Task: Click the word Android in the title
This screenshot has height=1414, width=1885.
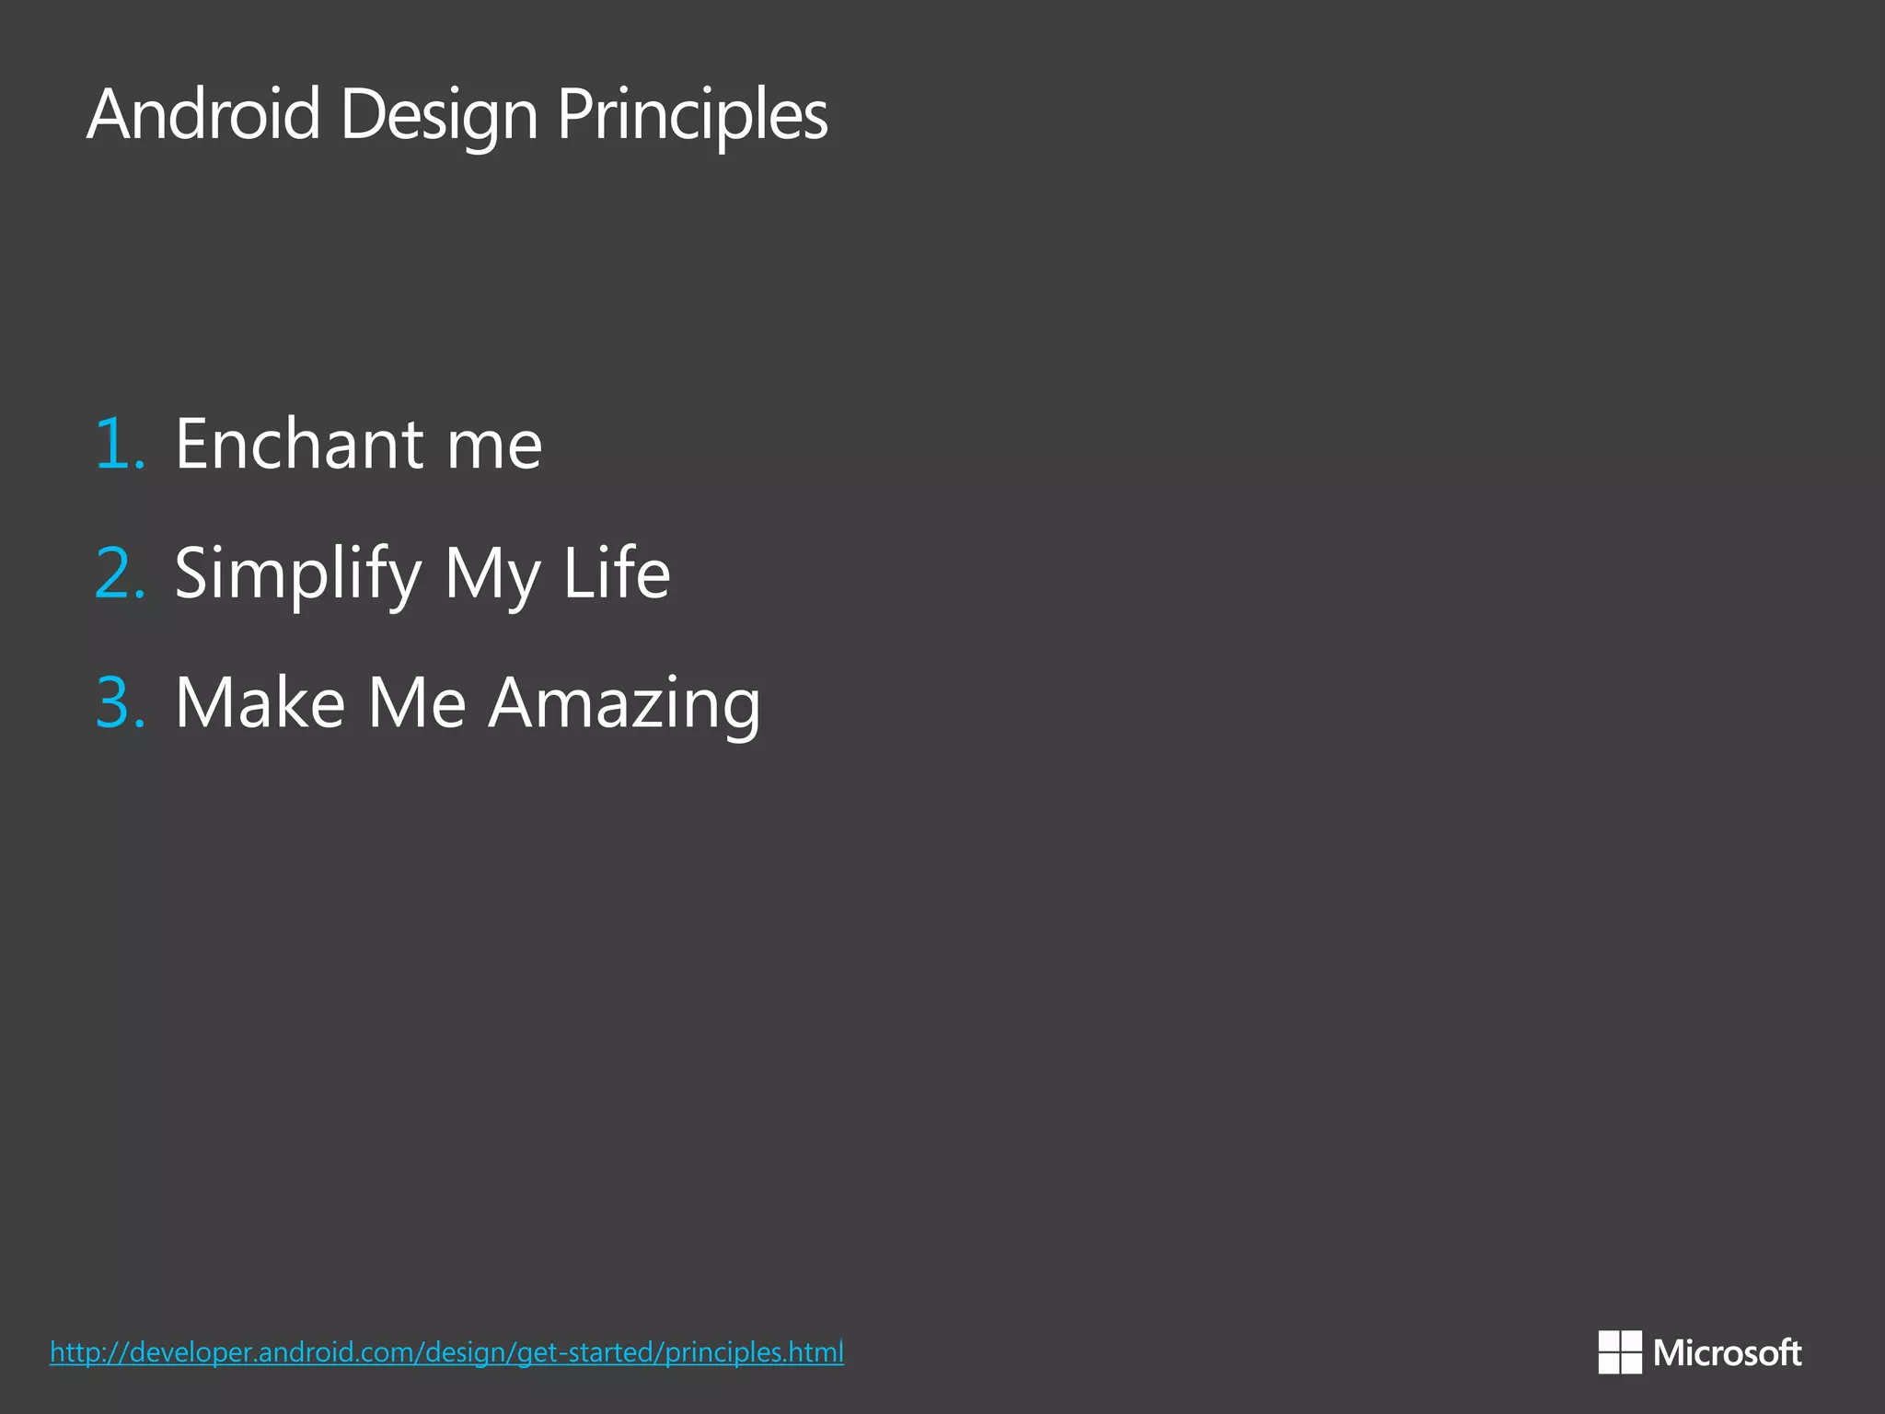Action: pyautogui.click(x=203, y=114)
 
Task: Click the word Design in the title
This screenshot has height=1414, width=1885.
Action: pyautogui.click(x=438, y=116)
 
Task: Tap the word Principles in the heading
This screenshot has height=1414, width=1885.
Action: pyautogui.click(x=692, y=116)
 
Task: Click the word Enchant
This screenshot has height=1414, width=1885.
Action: pyautogui.click(x=299, y=444)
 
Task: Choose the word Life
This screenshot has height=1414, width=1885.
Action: pyautogui.click(x=616, y=573)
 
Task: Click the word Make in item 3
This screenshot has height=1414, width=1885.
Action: pyautogui.click(x=260, y=702)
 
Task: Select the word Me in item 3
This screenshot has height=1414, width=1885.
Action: pyautogui.click(x=417, y=702)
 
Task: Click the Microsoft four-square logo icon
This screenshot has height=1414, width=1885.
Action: pyautogui.click(x=1619, y=1352)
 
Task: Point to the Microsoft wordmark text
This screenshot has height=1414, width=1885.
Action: pyautogui.click(x=1727, y=1353)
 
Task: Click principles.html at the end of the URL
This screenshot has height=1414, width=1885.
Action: pyautogui.click(x=754, y=1352)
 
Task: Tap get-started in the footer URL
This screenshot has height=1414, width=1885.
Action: pyautogui.click(x=587, y=1352)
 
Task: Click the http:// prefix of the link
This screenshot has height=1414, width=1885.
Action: pyautogui.click(x=88, y=1352)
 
